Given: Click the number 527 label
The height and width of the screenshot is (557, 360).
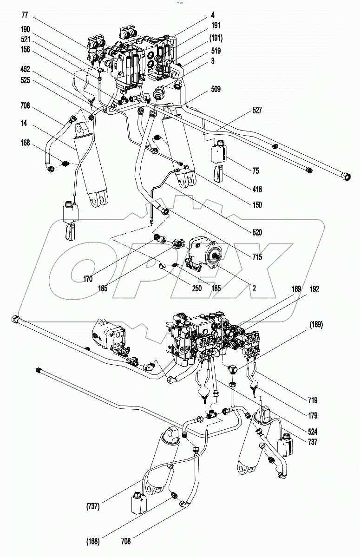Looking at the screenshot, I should pyautogui.click(x=257, y=110).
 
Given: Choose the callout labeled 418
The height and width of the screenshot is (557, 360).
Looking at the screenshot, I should pyautogui.click(x=257, y=189).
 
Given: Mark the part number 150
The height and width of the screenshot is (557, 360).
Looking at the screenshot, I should pyautogui.click(x=257, y=204).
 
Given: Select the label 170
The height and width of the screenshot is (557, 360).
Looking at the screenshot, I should pyautogui.click(x=87, y=279).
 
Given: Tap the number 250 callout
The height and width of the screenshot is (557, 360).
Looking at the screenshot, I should pyautogui.click(x=197, y=288).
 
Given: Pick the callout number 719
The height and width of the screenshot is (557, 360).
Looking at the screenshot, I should pyautogui.click(x=313, y=400).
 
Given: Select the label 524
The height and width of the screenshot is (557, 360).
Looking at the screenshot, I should pyautogui.click(x=313, y=431).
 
